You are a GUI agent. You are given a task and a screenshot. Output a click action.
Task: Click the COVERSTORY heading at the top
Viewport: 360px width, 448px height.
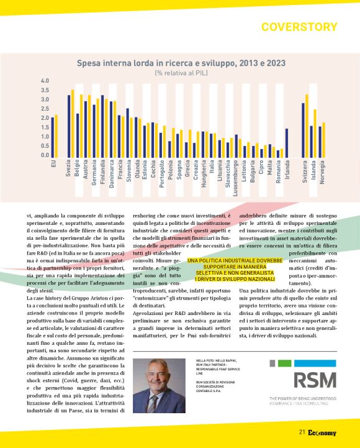tap(299, 27)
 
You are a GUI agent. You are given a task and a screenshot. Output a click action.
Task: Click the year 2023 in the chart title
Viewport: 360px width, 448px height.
tap(272, 62)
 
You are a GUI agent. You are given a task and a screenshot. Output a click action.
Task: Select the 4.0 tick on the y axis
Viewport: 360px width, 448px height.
tap(45, 81)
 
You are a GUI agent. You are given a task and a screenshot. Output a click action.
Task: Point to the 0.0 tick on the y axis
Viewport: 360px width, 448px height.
tap(45, 155)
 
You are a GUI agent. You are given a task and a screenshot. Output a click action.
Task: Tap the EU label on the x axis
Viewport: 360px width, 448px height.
tap(54, 164)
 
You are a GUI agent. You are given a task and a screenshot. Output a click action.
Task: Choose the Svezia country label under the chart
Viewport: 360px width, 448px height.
tap(68, 171)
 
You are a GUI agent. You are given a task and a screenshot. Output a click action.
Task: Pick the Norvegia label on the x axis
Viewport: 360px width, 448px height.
tap(323, 173)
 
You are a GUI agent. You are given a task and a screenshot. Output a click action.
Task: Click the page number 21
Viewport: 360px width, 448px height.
tap(302, 433)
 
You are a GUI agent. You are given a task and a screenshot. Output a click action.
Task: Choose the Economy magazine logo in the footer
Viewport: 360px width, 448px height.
tap(322, 433)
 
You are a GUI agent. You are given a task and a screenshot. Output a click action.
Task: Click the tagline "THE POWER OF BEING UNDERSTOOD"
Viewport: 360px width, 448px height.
tap(302, 398)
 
